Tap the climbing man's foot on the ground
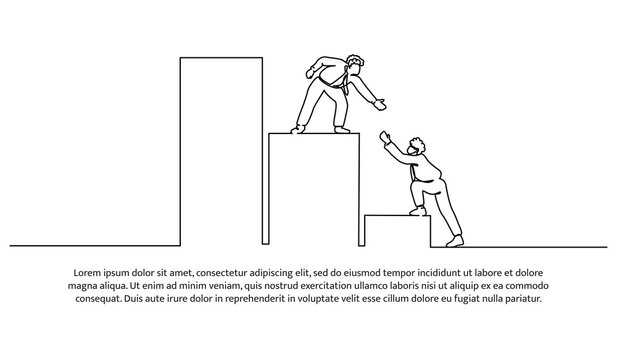click(x=455, y=240)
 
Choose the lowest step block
click(x=396, y=230)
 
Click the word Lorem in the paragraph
click(x=89, y=272)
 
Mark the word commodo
click(x=525, y=285)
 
